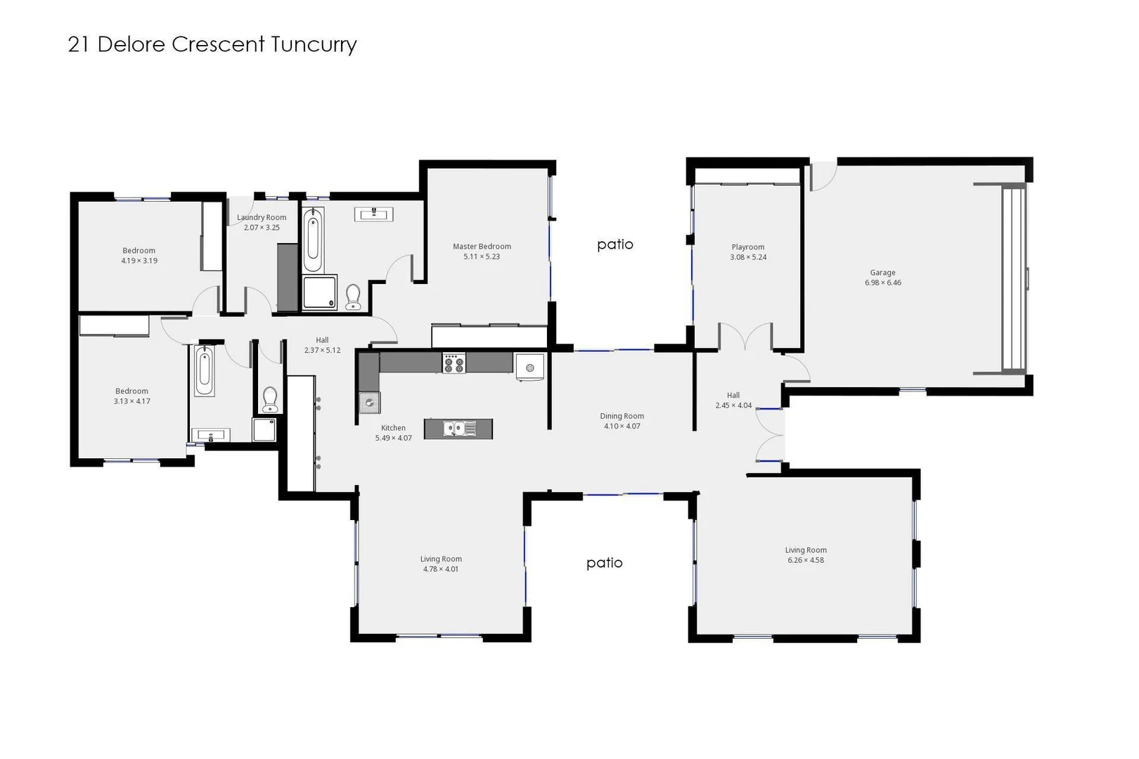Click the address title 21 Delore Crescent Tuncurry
click(212, 44)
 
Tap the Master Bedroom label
click(482, 247)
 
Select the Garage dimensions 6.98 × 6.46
click(882, 283)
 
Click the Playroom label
click(747, 247)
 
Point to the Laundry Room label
click(262, 218)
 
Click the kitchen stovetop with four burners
click(453, 363)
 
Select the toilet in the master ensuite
click(353, 297)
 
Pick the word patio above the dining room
click(615, 245)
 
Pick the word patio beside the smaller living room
click(605, 563)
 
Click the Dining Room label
click(622, 416)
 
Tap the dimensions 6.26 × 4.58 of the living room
click(806, 561)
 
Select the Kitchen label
click(393, 428)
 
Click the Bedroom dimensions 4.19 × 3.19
click(139, 261)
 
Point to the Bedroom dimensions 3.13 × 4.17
click(132, 402)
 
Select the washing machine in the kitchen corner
click(529, 367)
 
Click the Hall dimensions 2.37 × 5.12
click(322, 351)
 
